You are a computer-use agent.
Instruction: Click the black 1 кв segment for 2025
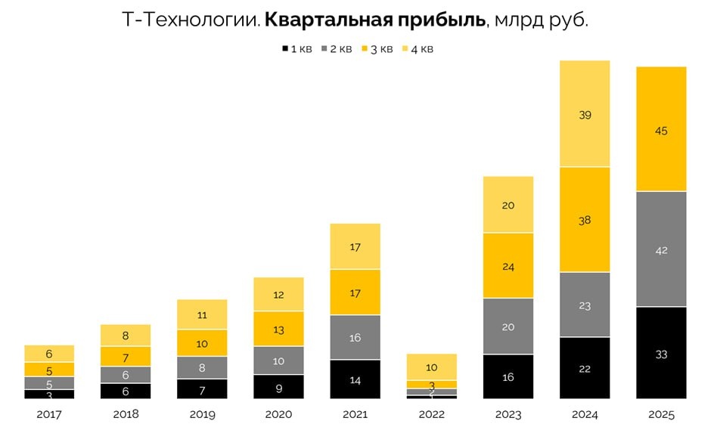[661, 352]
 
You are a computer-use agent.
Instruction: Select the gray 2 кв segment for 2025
[661, 249]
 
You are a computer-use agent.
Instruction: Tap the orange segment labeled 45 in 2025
[661, 129]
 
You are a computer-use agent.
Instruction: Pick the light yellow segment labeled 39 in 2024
[585, 114]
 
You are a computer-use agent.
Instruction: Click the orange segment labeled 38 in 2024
[585, 219]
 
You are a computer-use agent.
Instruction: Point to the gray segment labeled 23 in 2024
[585, 305]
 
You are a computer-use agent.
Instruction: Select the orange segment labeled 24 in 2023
[508, 266]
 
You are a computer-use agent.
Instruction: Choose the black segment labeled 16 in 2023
[508, 376]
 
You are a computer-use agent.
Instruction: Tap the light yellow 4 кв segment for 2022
[432, 367]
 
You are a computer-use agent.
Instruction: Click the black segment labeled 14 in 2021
[355, 379]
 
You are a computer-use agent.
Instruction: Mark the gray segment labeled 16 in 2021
[355, 338]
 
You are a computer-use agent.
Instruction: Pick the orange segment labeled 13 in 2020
[279, 329]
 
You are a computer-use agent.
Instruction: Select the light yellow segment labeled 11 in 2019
[203, 314]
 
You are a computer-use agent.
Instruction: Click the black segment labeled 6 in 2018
[126, 391]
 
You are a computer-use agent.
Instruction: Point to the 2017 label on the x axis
[49, 414]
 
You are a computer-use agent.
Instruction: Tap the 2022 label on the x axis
[432, 414]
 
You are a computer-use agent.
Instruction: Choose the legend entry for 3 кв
[378, 49]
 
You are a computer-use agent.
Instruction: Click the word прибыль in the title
[446, 20]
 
